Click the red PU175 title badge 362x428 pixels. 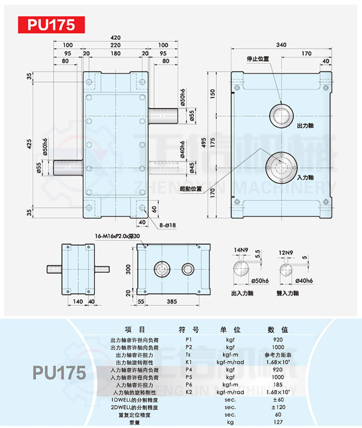[51, 24]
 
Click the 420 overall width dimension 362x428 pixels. [116, 38]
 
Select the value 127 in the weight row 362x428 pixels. [278, 422]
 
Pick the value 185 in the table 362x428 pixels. [278, 384]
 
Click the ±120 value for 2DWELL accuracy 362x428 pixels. [278, 407]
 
